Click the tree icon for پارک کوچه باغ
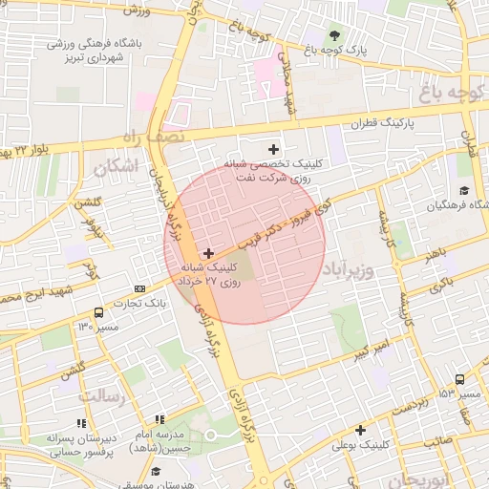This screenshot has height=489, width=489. click(332, 35)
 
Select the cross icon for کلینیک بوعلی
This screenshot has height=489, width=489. click(360, 430)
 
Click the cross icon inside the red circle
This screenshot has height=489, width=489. click(209, 253)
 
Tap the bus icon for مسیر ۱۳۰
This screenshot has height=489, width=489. click(99, 312)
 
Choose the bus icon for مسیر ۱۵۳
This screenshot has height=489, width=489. click(460, 378)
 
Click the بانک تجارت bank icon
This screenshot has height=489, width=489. click(140, 288)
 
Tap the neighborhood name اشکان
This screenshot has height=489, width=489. click(115, 167)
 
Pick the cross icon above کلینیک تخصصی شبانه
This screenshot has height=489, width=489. click(275, 148)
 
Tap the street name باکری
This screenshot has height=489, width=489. click(441, 286)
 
